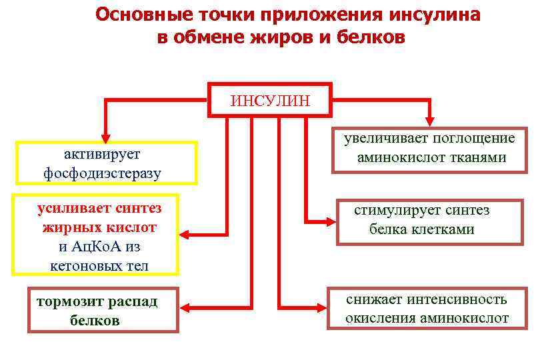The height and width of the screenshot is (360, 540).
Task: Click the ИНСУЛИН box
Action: [x=270, y=101]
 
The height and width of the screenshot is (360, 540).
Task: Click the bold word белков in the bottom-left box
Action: [x=95, y=320]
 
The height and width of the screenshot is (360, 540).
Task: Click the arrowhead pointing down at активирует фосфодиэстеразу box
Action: [x=103, y=133]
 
